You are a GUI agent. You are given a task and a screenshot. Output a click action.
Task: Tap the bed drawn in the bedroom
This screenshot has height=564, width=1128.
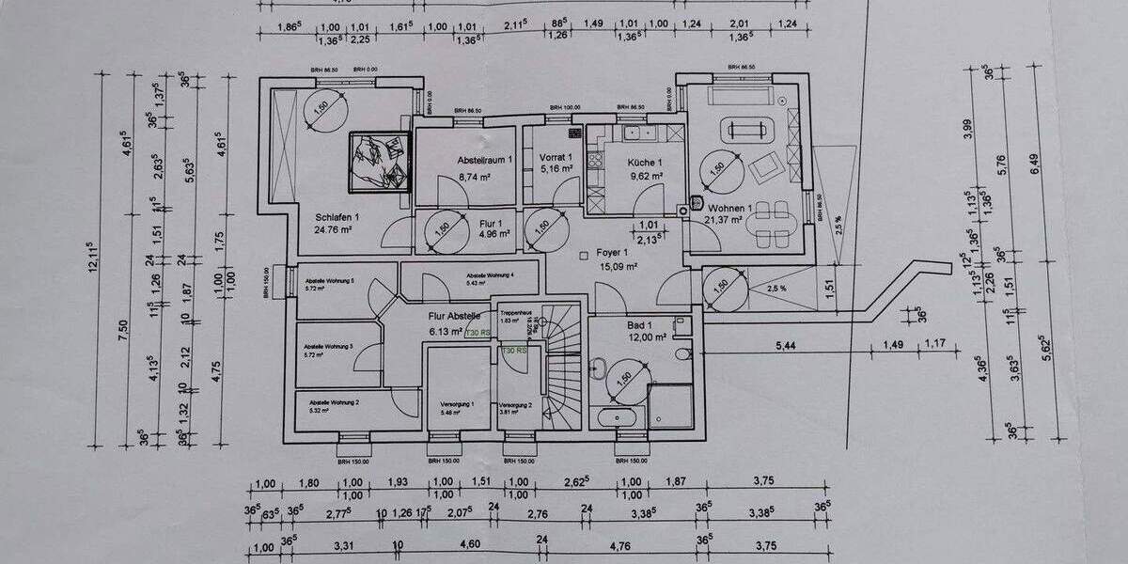(x=380, y=160)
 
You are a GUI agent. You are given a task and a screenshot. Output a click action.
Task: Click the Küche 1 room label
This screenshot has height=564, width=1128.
(x=645, y=162)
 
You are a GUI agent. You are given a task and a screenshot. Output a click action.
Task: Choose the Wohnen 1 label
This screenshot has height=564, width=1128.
(x=730, y=208)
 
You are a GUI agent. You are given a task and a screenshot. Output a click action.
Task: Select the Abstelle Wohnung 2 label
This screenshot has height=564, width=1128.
(x=334, y=400)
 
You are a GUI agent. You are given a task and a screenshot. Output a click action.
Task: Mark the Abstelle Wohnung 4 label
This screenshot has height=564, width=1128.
(x=490, y=274)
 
